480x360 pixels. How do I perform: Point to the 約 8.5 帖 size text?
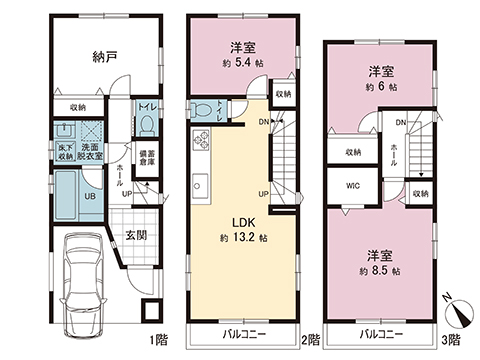(379, 271)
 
